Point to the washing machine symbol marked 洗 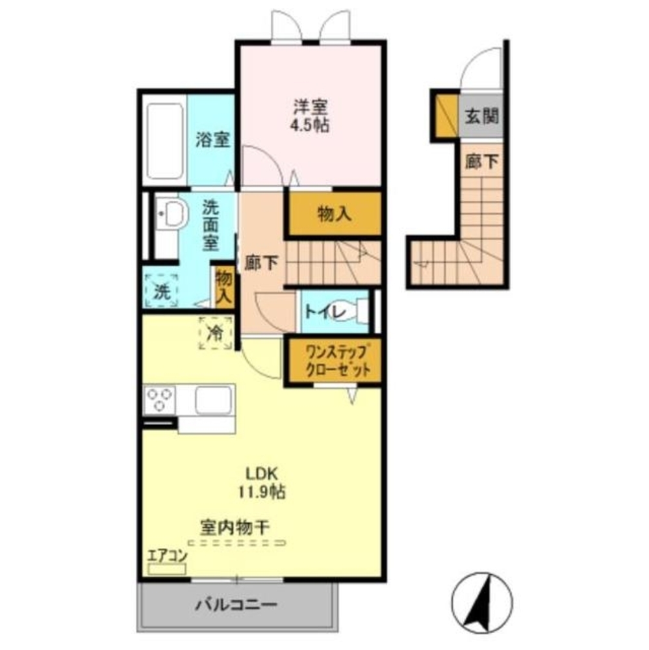point(160,290)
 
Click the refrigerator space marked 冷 point(214,333)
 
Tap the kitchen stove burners point(160,400)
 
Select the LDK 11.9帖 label point(263,481)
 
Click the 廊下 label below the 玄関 point(481,162)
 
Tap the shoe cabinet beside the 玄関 point(446,116)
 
